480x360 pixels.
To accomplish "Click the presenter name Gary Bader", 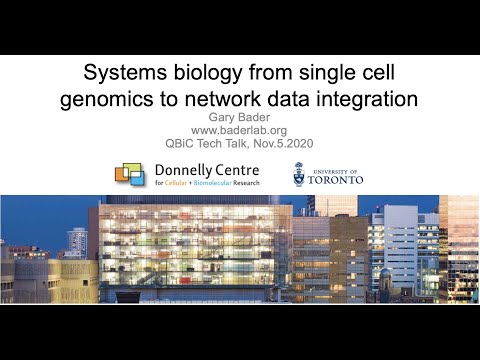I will [239, 116].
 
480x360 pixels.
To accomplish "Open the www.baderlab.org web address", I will [239, 129].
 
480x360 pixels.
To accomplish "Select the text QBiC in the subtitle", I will [183, 142].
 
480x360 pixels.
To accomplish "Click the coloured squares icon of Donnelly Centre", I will [134, 175].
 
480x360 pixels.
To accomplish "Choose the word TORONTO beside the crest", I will [336, 180].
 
